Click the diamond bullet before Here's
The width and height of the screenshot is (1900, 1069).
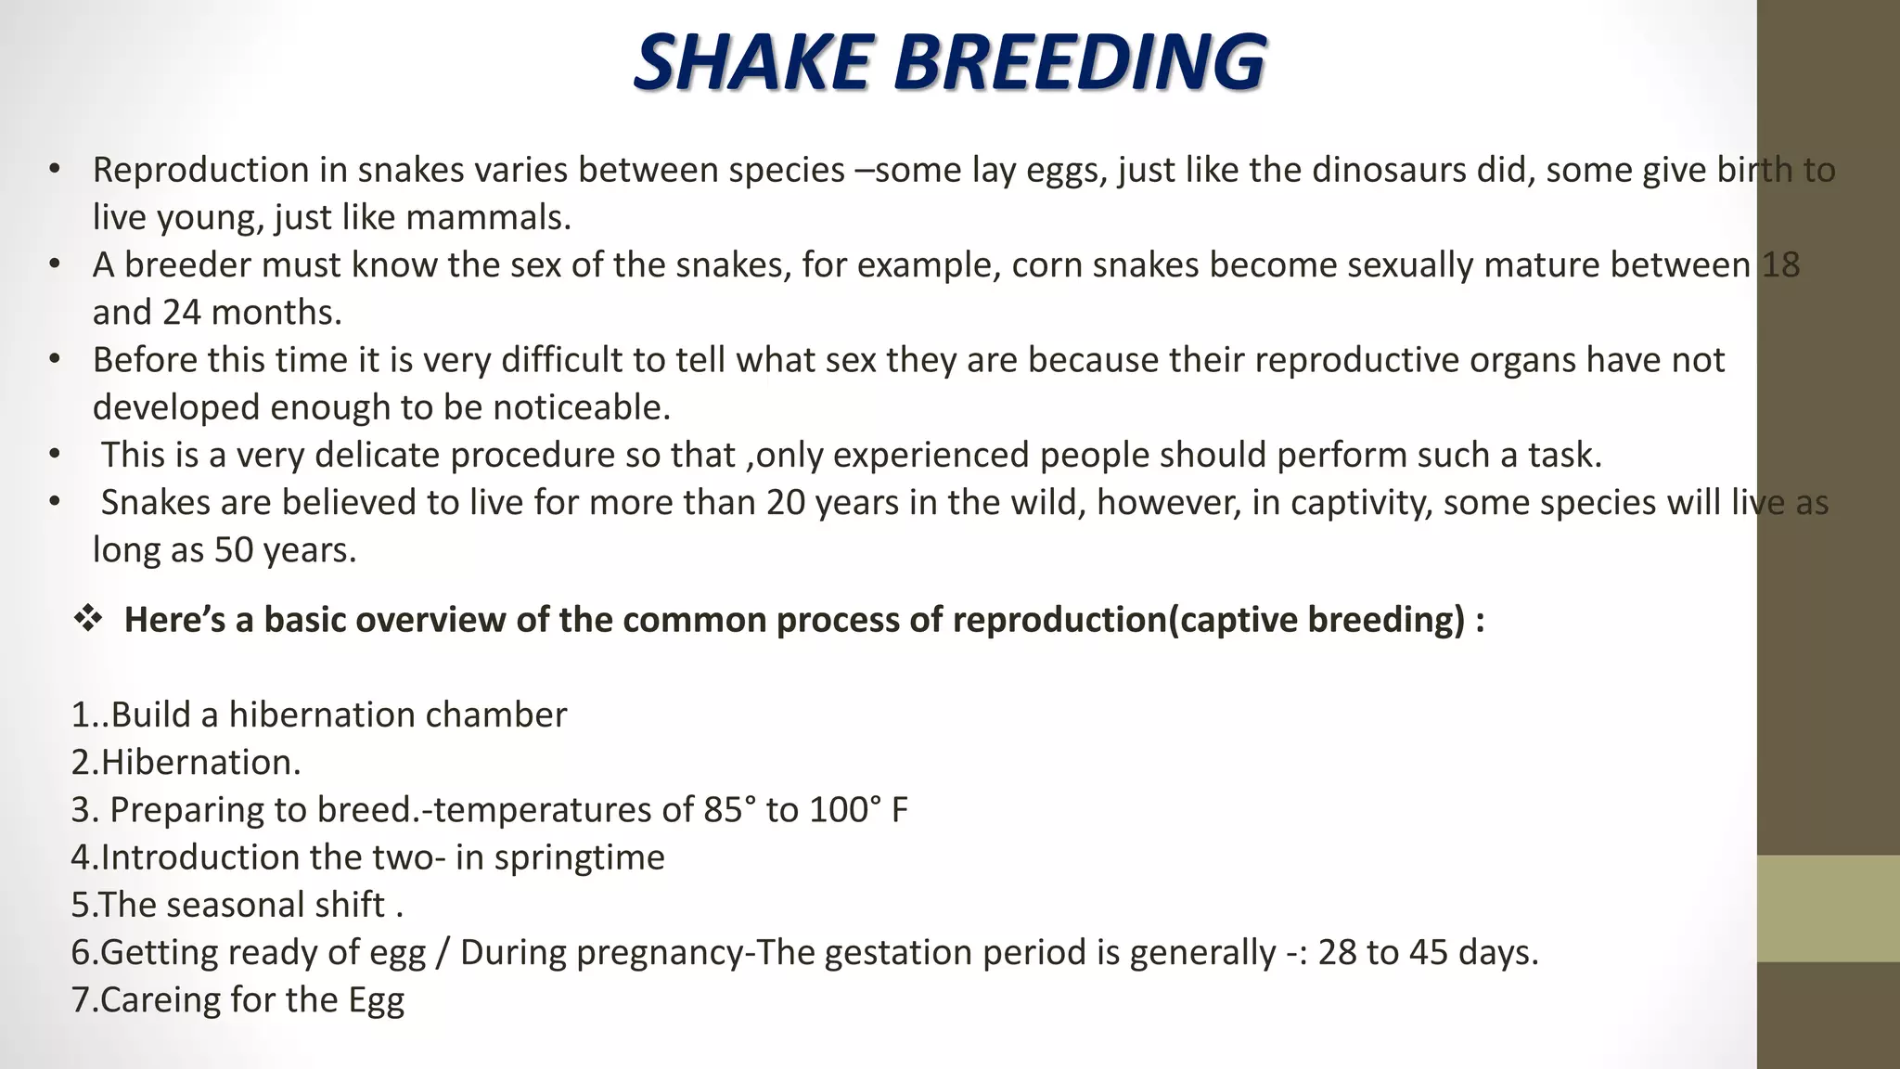(x=88, y=619)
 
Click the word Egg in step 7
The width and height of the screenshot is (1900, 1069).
(x=377, y=1000)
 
